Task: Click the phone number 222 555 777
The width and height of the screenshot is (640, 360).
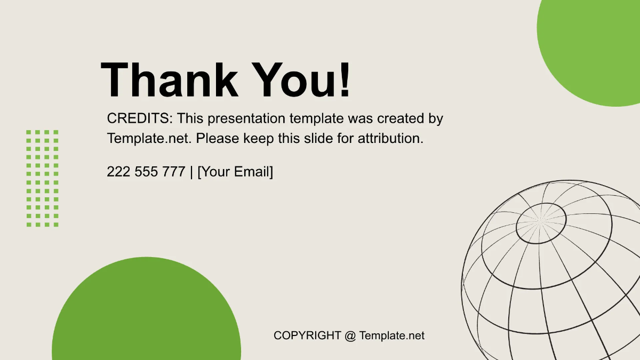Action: (146, 172)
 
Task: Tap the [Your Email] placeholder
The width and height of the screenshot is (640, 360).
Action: (235, 172)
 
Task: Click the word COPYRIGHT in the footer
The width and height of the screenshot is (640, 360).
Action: (307, 335)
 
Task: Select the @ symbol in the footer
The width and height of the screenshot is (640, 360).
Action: (350, 335)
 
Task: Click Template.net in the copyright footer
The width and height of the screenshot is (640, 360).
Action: (392, 335)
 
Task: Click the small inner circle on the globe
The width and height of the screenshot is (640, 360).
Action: (541, 223)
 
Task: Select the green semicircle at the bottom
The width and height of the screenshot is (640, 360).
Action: (146, 315)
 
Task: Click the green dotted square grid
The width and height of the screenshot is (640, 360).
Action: (43, 178)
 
